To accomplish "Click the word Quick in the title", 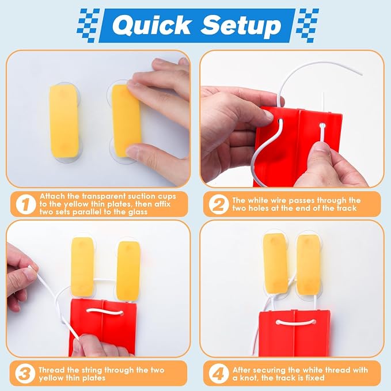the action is click(153, 26).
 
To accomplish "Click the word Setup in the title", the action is click(241, 25).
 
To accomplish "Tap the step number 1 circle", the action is click(26, 204).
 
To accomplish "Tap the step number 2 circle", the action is click(219, 204).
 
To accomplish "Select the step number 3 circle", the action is click(25, 374).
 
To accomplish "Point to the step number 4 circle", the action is click(219, 374).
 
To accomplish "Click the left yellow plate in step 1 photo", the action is click(64, 122).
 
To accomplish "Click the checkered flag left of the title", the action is click(89, 25).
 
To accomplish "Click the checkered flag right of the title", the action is click(308, 25).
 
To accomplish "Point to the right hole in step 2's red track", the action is click(322, 125).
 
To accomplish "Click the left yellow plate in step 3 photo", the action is click(82, 267).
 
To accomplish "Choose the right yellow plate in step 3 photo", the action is click(128, 271).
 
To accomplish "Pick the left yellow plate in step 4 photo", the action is click(275, 263).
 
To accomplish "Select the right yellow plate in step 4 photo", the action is click(309, 265).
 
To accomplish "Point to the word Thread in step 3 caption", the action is click(52, 370).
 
